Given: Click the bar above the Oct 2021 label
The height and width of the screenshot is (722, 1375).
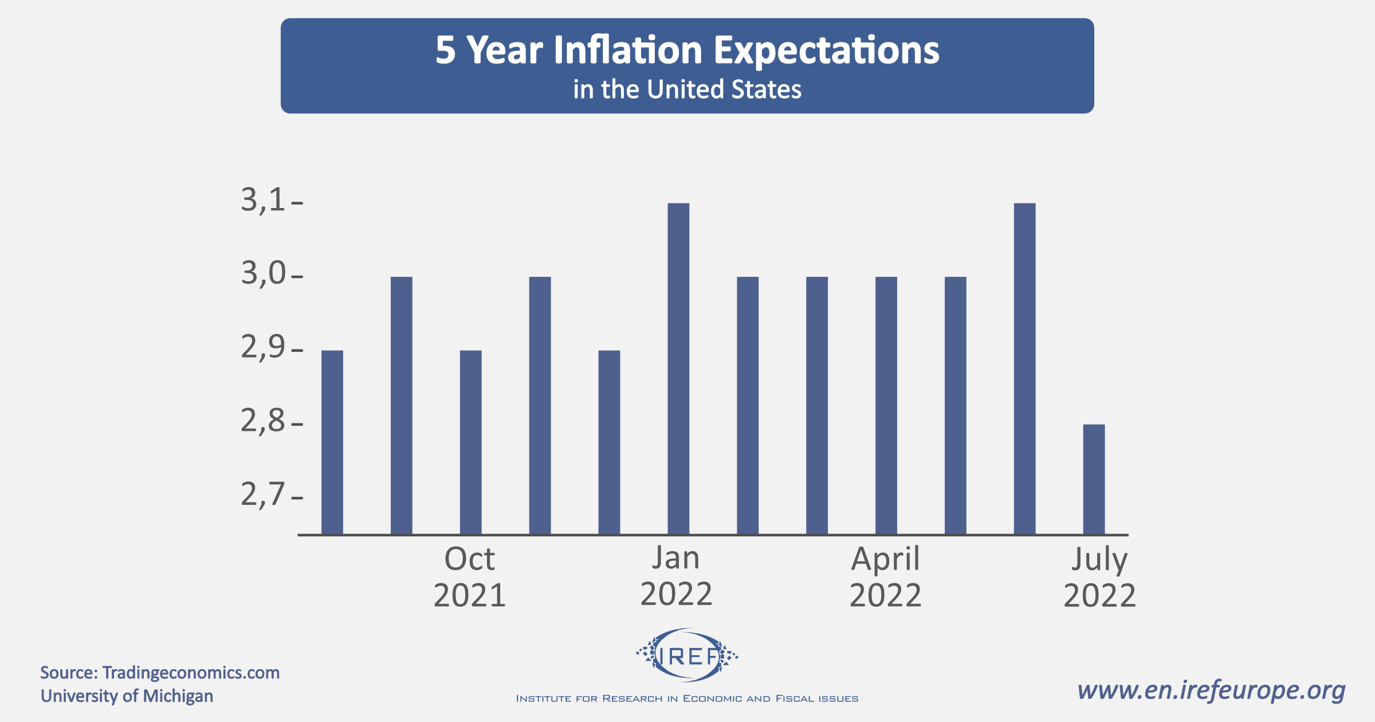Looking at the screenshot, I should [470, 442].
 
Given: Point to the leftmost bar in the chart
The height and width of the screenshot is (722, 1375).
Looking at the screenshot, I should [332, 442].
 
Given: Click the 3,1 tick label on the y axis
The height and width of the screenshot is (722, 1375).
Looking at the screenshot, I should [263, 201].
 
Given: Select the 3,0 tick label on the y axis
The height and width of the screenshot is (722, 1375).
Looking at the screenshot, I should [263, 274].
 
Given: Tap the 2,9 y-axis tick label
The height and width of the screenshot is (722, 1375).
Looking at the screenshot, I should [263, 348].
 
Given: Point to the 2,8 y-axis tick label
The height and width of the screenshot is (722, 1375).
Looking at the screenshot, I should [263, 422].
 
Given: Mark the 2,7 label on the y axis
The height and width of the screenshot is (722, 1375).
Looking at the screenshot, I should [263, 495].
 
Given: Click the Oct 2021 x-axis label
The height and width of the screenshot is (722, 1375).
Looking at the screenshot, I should [470, 576].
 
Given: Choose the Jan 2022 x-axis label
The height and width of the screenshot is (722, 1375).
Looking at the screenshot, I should [677, 576].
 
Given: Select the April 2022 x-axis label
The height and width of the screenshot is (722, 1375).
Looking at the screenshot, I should [886, 576].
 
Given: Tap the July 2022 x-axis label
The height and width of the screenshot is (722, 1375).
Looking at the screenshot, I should [1100, 576].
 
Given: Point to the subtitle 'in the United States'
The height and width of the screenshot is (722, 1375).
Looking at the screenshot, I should [687, 90].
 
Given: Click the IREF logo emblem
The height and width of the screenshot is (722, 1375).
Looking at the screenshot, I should [687, 656].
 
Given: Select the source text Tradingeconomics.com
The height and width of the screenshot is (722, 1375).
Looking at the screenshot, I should [191, 673].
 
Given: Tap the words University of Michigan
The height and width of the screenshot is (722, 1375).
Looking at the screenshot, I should [127, 696].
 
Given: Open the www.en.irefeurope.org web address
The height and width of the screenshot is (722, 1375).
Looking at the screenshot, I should [1211, 690].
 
